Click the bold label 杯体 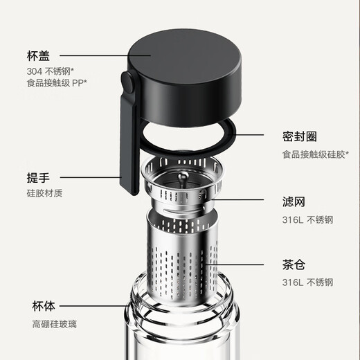click(44, 305)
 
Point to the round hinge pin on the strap click(128, 84)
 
